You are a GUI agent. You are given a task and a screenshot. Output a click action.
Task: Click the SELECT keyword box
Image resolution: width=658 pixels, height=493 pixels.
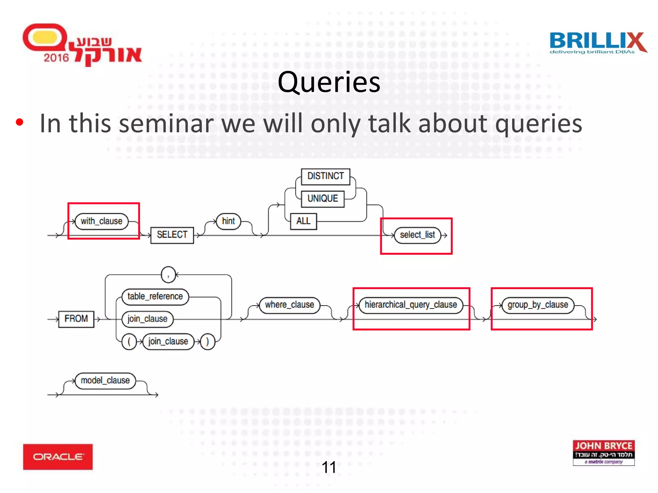tap(172, 235)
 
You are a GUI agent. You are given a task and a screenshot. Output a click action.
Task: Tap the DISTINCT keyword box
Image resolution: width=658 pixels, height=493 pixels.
tap(325, 176)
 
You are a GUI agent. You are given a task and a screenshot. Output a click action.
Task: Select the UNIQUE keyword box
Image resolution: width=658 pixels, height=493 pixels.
tap(323, 199)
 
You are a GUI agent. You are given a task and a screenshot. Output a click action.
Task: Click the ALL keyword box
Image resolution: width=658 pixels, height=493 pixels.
tap(303, 221)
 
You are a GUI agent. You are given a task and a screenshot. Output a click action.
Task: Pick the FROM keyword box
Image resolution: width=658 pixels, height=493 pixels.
tap(76, 319)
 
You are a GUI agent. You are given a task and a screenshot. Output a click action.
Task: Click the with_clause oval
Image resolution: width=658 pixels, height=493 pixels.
tap(102, 221)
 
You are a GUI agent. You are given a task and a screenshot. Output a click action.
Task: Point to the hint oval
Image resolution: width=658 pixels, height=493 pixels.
tap(228, 221)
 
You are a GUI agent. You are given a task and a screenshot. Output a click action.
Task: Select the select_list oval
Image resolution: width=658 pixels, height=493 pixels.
tap(417, 235)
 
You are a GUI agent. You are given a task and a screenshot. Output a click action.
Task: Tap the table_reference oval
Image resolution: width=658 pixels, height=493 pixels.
tap(155, 296)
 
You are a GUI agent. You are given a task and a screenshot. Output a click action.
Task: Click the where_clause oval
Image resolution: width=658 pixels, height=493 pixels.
tap(289, 305)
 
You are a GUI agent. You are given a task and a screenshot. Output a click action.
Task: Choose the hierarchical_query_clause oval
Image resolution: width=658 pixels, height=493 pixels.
tap(411, 305)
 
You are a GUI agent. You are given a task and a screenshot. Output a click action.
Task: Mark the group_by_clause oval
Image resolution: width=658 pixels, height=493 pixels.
tap(538, 305)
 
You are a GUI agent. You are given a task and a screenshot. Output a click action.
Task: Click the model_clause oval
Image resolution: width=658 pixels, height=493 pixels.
tap(105, 381)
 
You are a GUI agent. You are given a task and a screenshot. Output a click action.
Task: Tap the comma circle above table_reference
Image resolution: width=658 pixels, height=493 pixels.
tap(168, 275)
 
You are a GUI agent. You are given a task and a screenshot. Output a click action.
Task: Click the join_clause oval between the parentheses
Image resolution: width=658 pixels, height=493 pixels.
tap(168, 341)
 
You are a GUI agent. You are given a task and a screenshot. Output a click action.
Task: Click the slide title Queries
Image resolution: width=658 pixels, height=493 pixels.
tap(329, 82)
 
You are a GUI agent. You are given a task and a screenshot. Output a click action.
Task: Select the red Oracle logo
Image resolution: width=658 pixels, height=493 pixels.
tap(58, 456)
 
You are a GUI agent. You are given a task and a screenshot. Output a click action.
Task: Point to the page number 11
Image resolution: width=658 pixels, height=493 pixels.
tap(329, 467)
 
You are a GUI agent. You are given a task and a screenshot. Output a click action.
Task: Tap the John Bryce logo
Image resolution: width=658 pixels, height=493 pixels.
tap(603, 453)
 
